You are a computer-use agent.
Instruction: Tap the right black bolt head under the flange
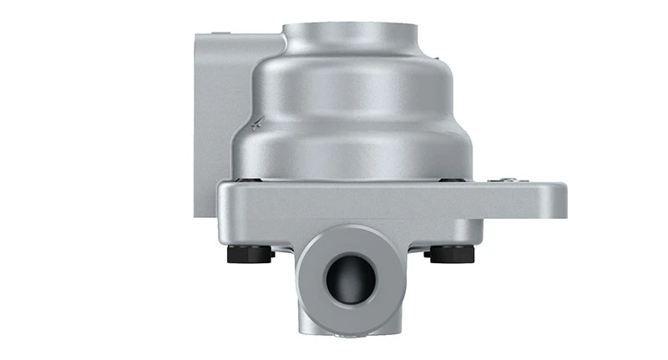point(451,252)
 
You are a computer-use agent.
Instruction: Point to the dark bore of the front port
point(350,279)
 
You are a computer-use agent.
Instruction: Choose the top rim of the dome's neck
point(351,27)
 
